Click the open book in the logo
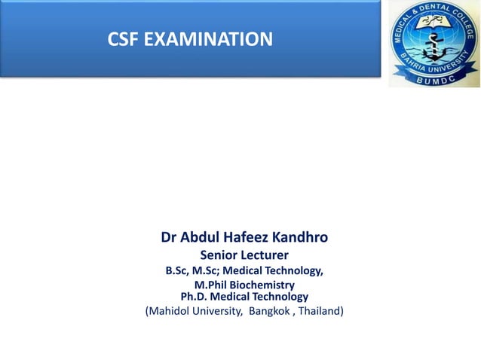(x=433, y=29)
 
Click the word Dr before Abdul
(x=170, y=239)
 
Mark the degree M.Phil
(x=212, y=286)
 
